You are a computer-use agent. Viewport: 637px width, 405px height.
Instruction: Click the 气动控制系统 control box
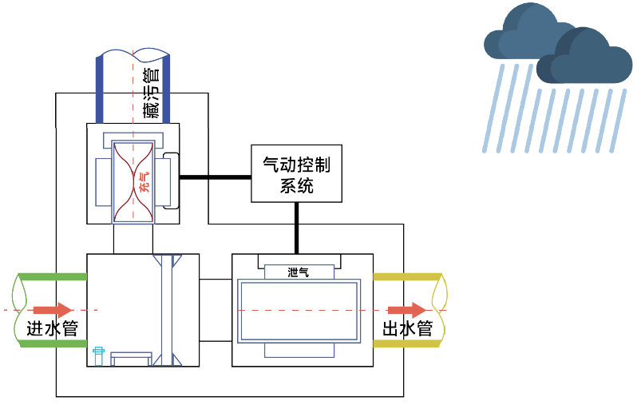pyautogui.click(x=297, y=173)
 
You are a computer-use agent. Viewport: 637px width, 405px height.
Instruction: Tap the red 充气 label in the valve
pyautogui.click(x=144, y=182)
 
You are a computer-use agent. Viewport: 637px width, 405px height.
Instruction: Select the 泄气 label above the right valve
pyautogui.click(x=299, y=272)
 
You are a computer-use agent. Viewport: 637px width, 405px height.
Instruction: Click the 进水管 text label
pyautogui.click(x=53, y=328)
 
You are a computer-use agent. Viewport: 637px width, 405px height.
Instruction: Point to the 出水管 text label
pyautogui.click(x=408, y=328)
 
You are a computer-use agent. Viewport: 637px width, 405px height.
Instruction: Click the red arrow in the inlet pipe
pyautogui.click(x=53, y=310)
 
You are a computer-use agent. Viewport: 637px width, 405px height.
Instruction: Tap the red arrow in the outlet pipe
pyautogui.click(x=406, y=310)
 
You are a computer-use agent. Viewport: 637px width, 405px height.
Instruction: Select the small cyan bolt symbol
pyautogui.click(x=98, y=356)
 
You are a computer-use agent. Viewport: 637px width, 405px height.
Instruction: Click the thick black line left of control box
pyautogui.click(x=216, y=177)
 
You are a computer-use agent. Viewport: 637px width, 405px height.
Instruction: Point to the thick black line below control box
pyautogui.click(x=297, y=228)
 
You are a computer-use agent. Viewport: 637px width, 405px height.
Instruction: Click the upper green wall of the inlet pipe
pyautogui.click(x=53, y=277)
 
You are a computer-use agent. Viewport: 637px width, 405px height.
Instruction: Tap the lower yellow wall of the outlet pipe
pyautogui.click(x=407, y=344)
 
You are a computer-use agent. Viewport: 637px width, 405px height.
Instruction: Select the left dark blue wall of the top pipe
pyautogui.click(x=100, y=89)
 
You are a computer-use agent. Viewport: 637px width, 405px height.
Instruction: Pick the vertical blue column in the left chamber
pyautogui.click(x=167, y=310)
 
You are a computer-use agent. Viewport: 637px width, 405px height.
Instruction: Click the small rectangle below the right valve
pyautogui.click(x=299, y=351)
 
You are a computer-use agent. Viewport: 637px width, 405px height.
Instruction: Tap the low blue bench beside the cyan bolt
pyautogui.click(x=131, y=359)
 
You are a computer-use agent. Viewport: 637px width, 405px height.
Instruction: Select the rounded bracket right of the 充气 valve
pyautogui.click(x=171, y=181)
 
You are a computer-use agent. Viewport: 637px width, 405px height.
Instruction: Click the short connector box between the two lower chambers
pyautogui.click(x=216, y=310)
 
